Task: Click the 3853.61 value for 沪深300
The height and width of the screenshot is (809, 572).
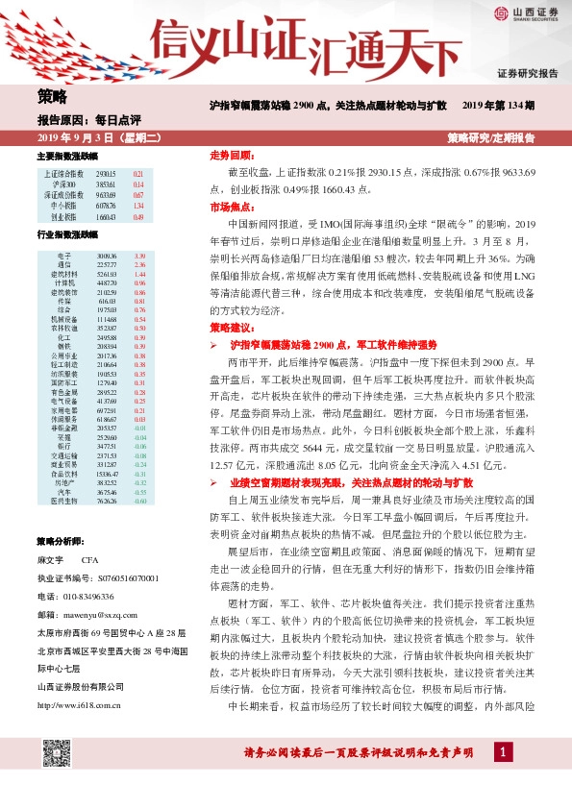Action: [106, 184]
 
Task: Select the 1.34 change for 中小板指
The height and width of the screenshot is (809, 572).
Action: [138, 206]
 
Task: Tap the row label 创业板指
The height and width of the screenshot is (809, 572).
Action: [62, 217]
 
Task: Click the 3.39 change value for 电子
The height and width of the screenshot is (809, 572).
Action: [138, 256]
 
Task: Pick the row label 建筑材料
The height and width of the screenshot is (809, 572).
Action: [62, 275]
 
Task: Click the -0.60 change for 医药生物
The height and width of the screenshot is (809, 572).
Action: [138, 501]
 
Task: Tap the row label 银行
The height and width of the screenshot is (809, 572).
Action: [62, 447]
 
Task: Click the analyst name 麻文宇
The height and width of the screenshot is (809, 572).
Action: [50, 559]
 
